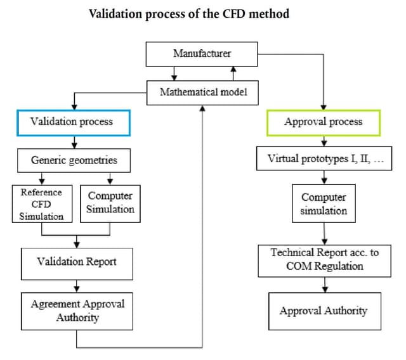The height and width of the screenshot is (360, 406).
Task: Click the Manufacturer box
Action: (x=202, y=54)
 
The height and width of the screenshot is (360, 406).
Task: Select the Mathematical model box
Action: (x=202, y=93)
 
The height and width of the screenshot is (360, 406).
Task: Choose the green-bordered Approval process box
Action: (x=323, y=122)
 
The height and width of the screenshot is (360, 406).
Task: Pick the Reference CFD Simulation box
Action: (x=41, y=203)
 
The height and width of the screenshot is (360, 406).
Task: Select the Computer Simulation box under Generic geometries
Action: (x=110, y=203)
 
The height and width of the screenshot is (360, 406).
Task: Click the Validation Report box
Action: (x=77, y=261)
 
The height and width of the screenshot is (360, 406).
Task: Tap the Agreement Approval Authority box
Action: (x=77, y=310)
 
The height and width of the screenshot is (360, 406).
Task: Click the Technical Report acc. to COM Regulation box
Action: (x=325, y=259)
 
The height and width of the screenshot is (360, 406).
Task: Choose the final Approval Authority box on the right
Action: (x=324, y=311)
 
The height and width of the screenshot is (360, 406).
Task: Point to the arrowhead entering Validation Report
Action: (x=77, y=244)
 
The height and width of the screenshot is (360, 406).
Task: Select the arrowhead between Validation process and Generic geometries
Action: (x=74, y=145)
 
